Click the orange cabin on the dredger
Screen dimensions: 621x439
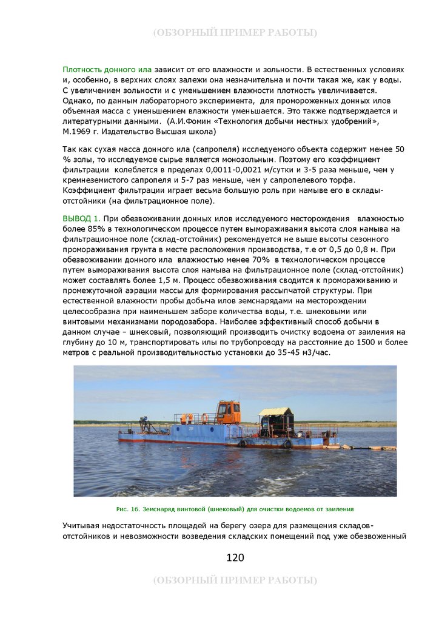click(x=229, y=412)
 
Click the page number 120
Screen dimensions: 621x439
click(x=235, y=558)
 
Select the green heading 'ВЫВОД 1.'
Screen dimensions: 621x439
click(x=81, y=218)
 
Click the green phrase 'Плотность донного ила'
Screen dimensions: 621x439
click(x=107, y=70)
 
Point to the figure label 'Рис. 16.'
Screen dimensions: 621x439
click(x=129, y=509)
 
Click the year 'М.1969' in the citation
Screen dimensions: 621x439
click(x=76, y=131)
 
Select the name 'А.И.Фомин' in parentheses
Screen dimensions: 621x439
click(x=190, y=121)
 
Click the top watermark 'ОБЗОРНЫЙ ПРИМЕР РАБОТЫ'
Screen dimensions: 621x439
click(x=235, y=33)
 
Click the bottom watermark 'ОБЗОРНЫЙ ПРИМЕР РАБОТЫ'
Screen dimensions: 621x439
click(x=235, y=580)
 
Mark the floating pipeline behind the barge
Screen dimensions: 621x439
click(x=370, y=448)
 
